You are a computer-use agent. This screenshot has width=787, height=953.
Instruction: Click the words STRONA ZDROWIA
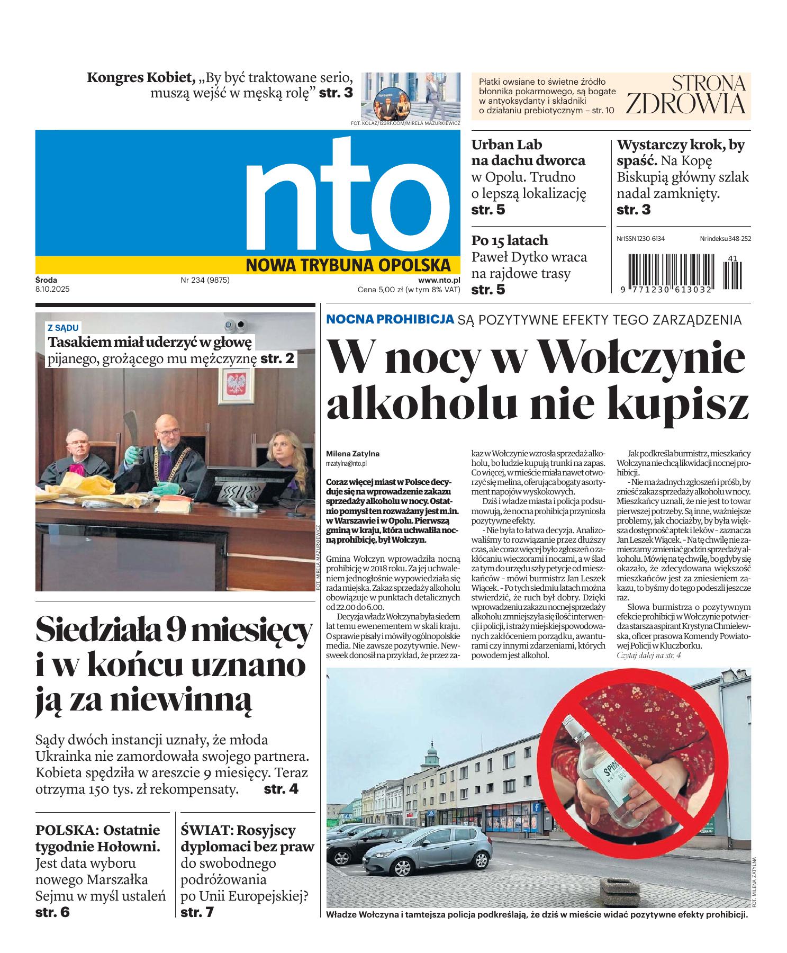686,95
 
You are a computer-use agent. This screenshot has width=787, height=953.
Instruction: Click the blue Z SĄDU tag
63,328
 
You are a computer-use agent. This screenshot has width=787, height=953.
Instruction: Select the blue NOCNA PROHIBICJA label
390,319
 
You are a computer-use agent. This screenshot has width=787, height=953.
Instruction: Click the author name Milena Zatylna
353,454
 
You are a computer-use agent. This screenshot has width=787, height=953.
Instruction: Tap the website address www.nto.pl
439,280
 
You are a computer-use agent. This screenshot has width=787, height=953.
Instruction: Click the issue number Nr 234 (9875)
205,280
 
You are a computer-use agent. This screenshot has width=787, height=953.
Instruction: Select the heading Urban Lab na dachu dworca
528,152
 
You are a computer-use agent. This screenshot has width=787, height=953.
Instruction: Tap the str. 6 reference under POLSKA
52,912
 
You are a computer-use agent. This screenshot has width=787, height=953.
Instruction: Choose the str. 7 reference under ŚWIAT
197,912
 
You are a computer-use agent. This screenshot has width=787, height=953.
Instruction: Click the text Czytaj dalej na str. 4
648,655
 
